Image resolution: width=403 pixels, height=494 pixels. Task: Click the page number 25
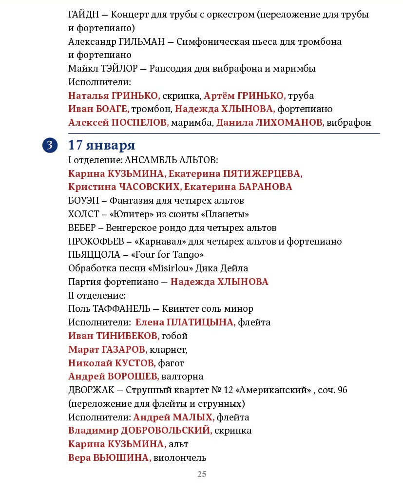(202, 474)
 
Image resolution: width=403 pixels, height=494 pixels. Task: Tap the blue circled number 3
(50, 145)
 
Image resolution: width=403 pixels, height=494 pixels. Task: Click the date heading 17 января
(101, 145)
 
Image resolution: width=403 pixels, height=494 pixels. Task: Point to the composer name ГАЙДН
(84, 14)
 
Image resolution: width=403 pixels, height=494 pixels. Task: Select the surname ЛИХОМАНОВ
(289, 123)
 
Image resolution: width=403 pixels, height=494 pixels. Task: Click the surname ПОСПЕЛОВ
(140, 123)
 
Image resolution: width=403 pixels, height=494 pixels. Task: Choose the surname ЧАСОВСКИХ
(148, 187)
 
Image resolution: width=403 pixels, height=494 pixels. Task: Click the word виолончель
(180, 457)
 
